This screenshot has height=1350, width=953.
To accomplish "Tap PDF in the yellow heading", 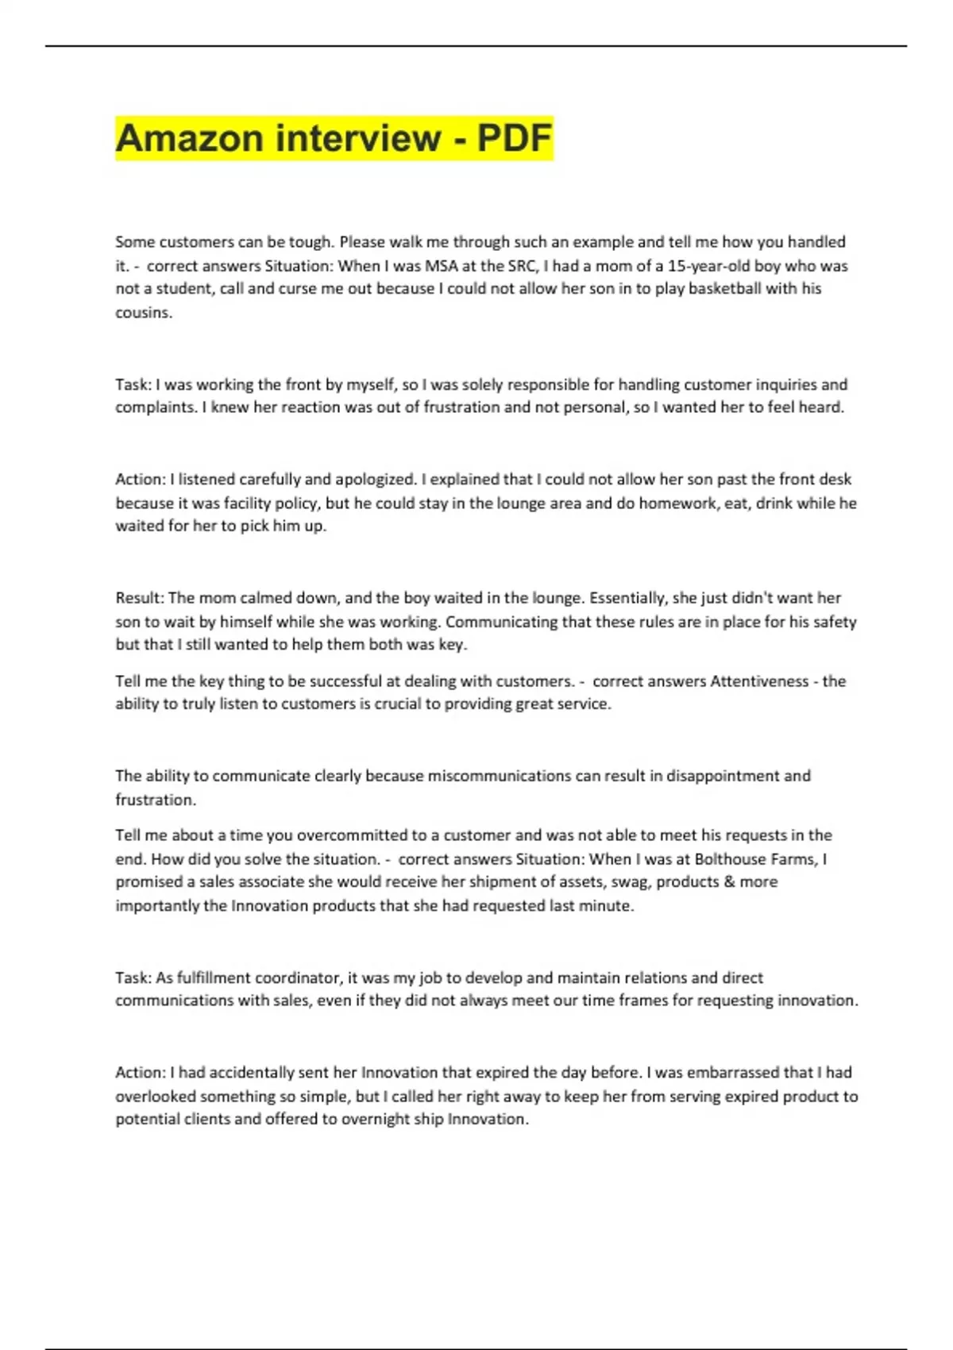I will point(514,138).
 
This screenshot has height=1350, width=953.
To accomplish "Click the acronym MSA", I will point(442,265).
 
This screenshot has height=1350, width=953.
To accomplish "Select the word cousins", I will point(143,312).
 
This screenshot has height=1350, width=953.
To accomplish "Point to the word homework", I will point(677,503).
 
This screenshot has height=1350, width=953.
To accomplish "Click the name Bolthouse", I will point(729,858).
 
